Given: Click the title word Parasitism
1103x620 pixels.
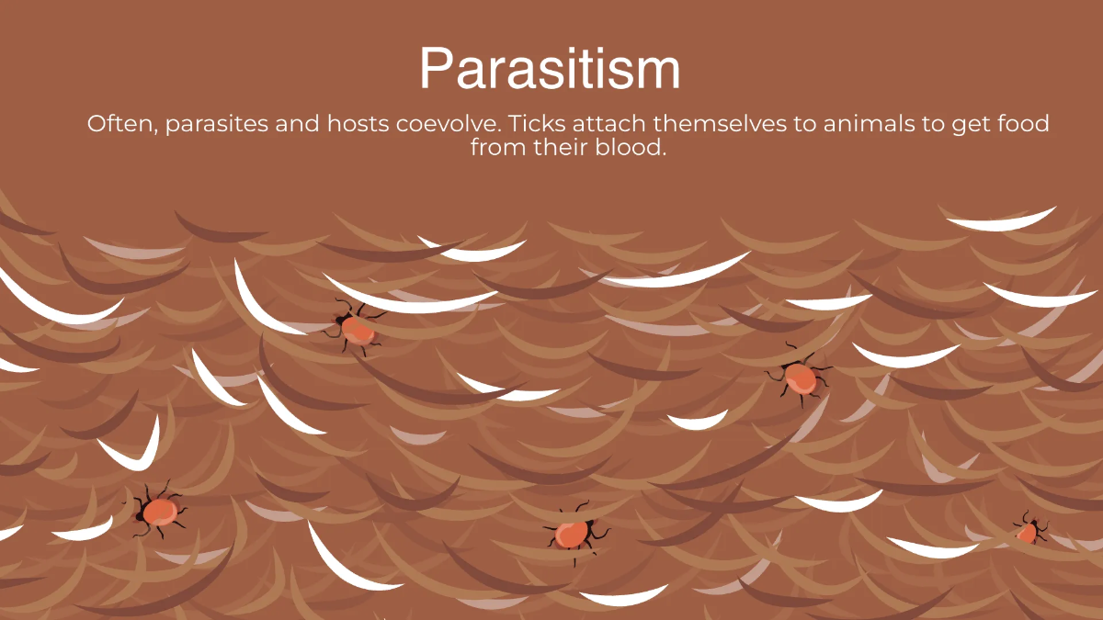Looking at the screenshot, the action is tap(550, 68).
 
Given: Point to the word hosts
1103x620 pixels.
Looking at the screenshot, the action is tap(358, 123).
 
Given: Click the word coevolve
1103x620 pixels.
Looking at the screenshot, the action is tap(449, 123).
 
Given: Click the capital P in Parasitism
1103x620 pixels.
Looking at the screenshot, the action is tap(436, 68).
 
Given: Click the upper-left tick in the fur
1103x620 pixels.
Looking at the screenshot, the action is tap(356, 327).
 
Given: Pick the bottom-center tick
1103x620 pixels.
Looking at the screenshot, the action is tap(574, 533).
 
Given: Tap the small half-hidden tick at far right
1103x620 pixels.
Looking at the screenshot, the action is tap(1029, 529).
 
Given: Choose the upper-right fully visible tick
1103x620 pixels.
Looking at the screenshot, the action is tap(799, 377).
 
